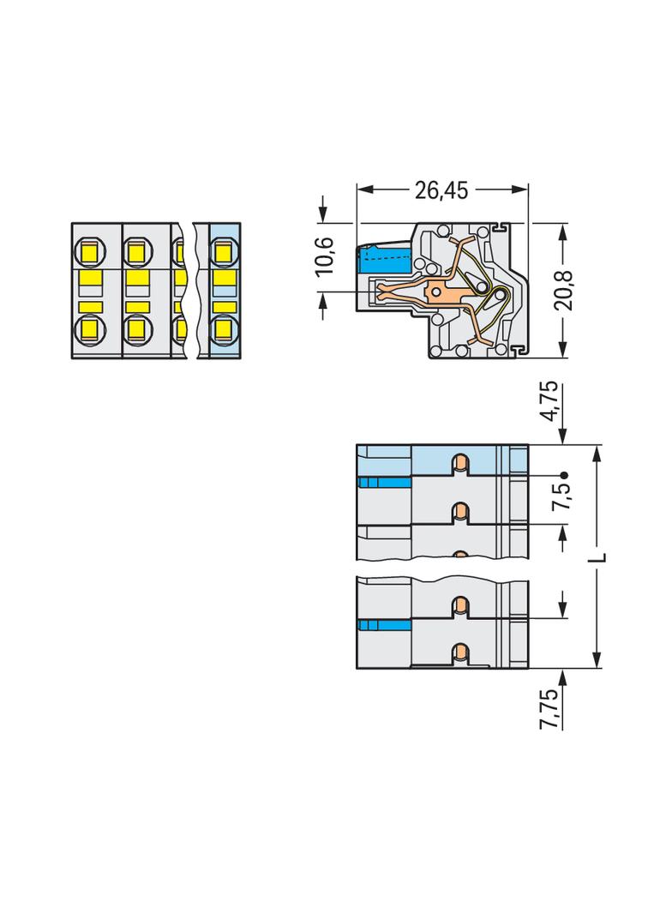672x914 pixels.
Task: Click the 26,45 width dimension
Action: [x=441, y=190]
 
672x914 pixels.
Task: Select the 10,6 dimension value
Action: [x=323, y=256]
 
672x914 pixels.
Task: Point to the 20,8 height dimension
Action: [x=564, y=291]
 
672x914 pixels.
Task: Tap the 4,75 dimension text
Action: [x=549, y=401]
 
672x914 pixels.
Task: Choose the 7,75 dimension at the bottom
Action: [x=549, y=708]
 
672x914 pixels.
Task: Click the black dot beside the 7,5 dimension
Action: [x=564, y=475]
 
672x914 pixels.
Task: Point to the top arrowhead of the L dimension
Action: [x=597, y=453]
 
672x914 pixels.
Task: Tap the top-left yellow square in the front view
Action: [x=90, y=253]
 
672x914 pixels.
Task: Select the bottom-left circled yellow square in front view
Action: [x=90, y=329]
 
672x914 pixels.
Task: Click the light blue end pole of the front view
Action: [x=225, y=291]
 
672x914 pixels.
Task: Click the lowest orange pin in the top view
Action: [x=460, y=652]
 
